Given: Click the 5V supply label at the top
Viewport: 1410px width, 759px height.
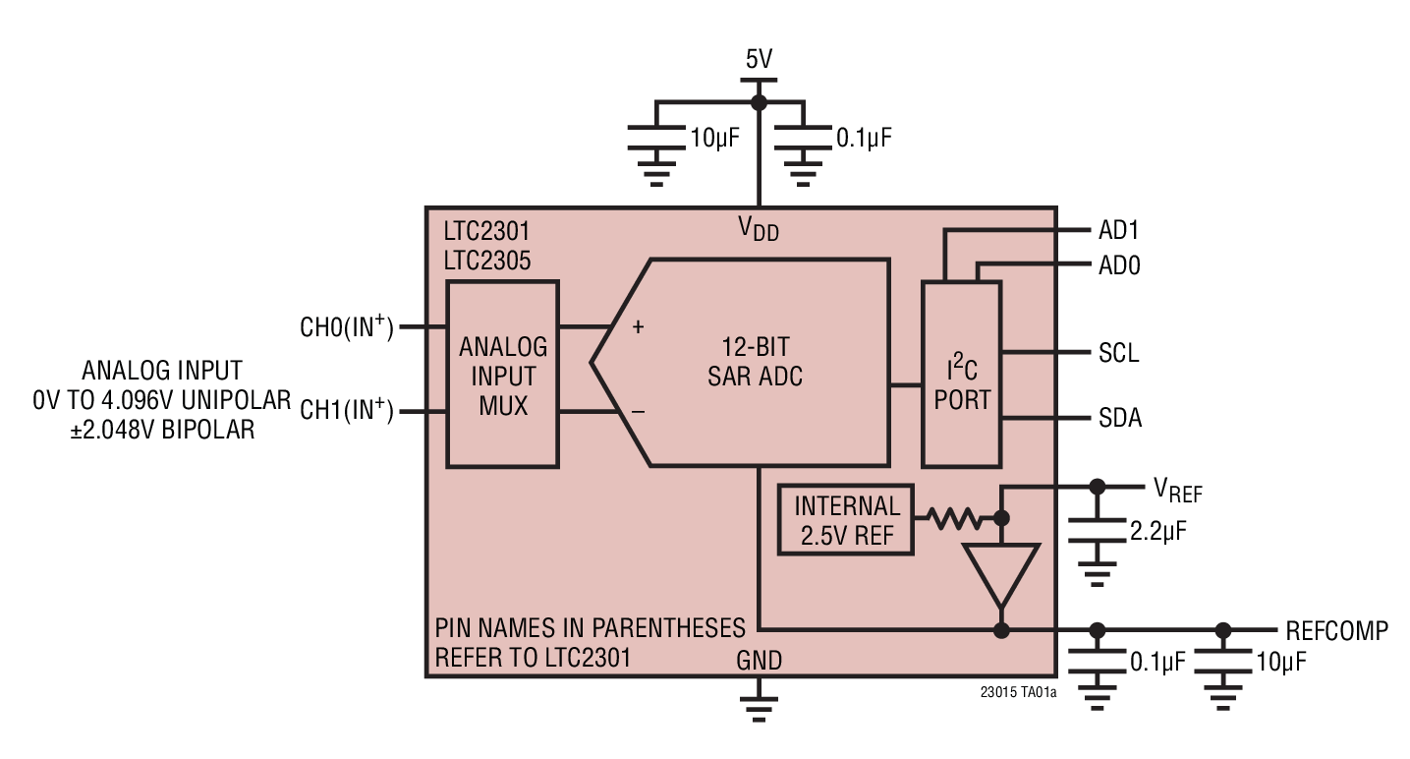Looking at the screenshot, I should tap(758, 59).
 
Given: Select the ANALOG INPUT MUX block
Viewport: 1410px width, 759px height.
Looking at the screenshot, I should tap(502, 375).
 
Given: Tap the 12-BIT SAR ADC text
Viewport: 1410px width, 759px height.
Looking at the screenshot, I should tap(755, 361).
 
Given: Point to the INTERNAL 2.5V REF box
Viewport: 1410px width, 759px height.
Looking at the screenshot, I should tap(846, 521).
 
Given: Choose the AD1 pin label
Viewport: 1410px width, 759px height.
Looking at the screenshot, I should tap(1118, 232).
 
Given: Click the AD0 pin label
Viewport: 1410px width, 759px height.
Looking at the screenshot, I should tap(1118, 265).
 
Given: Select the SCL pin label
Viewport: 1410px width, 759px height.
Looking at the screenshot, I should tap(1118, 353).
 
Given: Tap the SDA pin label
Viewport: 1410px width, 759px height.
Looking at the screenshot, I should tap(1119, 419).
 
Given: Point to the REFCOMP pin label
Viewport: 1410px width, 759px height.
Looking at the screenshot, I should tap(1336, 631).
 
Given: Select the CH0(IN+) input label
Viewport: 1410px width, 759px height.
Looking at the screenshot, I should tap(346, 326).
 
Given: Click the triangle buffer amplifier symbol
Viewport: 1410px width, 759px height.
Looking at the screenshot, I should tap(1001, 573).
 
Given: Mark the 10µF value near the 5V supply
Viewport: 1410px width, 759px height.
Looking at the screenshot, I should tap(714, 138).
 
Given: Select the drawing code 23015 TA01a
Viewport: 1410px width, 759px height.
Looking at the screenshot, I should tap(1018, 692).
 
